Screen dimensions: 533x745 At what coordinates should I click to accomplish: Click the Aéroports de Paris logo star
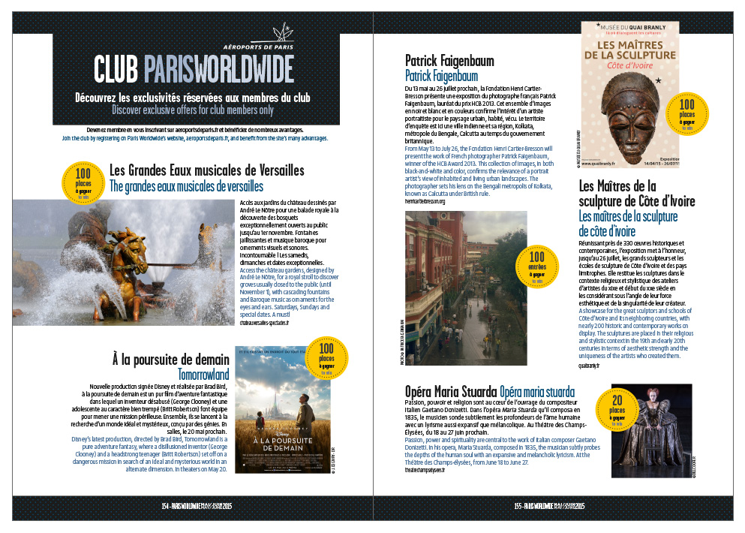pyautogui.click(x=282, y=34)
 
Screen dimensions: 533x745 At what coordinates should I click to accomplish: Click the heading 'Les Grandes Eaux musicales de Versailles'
pyautogui.click(x=206, y=170)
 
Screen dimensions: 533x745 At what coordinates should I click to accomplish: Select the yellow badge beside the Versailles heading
pyautogui.click(x=84, y=180)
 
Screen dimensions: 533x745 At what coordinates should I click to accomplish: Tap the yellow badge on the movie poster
pyautogui.click(x=326, y=359)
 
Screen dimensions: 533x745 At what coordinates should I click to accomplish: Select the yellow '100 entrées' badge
pyautogui.click(x=536, y=266)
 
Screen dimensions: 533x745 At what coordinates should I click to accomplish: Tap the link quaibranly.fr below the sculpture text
pyautogui.click(x=590, y=366)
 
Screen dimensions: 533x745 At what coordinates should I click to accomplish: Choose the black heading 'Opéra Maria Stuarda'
pyautogui.click(x=450, y=391)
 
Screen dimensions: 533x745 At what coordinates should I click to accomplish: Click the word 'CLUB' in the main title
pyautogui.click(x=116, y=70)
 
